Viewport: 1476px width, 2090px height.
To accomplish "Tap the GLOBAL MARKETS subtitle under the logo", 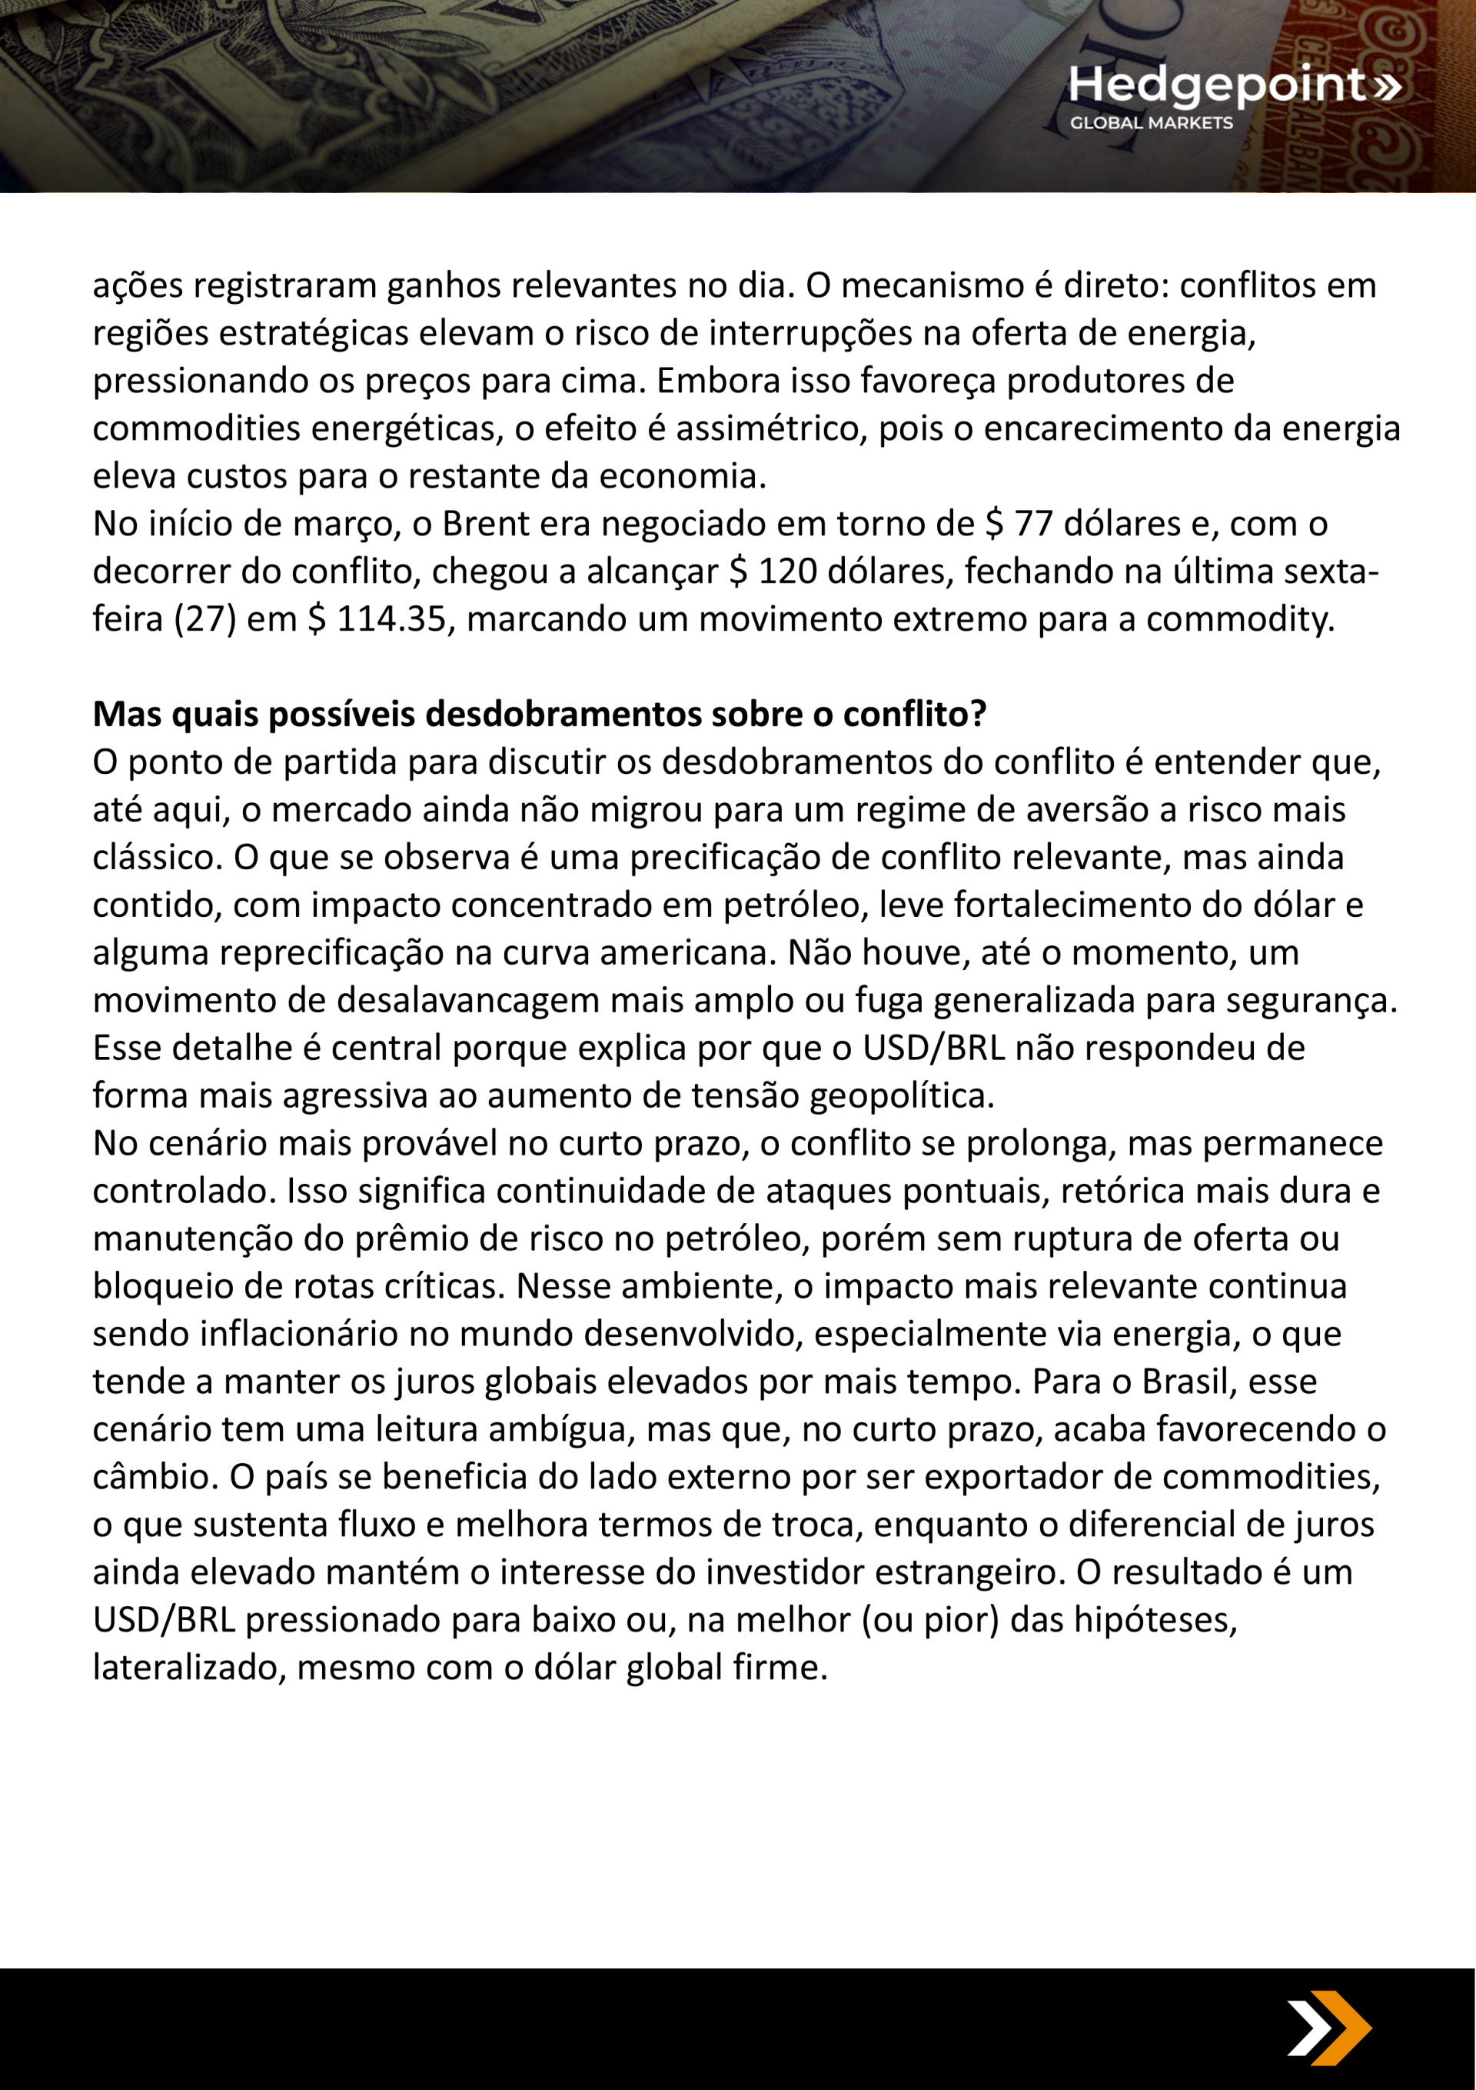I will point(1151,123).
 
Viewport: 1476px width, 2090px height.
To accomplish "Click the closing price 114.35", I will point(391,619).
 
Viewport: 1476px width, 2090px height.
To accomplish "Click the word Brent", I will point(485,525).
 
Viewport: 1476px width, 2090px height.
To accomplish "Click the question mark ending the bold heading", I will point(979,715).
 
